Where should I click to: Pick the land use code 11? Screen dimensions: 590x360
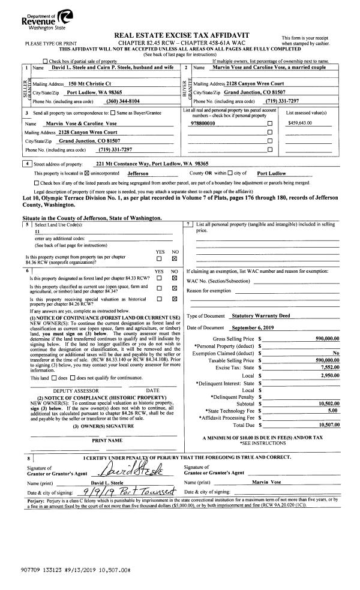tap(38, 231)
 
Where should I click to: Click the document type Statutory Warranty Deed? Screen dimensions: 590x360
tap(260, 315)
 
